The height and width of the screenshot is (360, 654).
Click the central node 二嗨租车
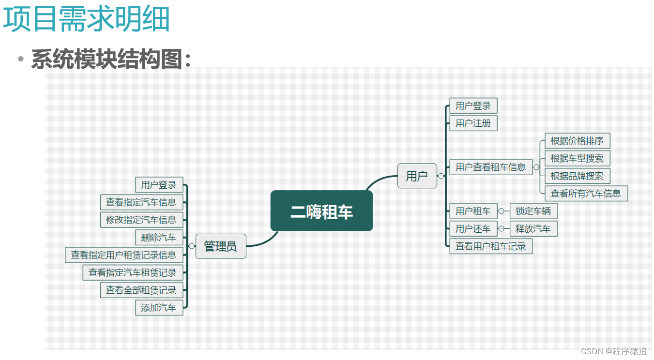click(x=321, y=211)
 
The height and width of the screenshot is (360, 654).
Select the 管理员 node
click(x=221, y=246)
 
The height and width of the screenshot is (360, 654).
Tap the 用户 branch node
click(x=417, y=176)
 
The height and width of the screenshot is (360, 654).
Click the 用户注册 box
click(x=473, y=123)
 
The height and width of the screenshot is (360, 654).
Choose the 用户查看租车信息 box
click(x=490, y=167)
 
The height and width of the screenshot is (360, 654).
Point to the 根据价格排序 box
click(x=577, y=141)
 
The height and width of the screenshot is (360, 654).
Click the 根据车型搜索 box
click(x=577, y=158)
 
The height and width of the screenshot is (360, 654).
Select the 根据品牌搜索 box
click(x=577, y=176)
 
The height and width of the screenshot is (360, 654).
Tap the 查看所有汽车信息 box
click(x=586, y=194)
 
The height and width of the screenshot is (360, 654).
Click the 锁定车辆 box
click(x=533, y=211)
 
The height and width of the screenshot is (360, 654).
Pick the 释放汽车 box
click(x=533, y=228)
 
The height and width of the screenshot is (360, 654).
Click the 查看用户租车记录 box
click(x=490, y=246)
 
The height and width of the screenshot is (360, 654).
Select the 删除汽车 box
click(x=159, y=238)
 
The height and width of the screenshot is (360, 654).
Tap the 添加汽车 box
click(x=159, y=307)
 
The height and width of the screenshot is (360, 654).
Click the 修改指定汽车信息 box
click(x=141, y=220)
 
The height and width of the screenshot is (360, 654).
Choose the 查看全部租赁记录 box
click(x=141, y=290)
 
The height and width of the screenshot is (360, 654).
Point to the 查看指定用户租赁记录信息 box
click(x=124, y=255)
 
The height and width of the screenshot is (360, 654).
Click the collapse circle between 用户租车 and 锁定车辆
click(x=501, y=211)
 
